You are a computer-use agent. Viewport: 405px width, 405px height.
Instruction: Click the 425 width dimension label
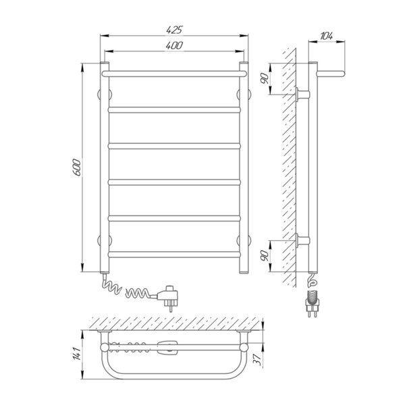(174, 30)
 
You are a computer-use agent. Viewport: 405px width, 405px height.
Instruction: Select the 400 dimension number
(174, 45)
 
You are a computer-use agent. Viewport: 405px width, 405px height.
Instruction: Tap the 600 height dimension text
(77, 167)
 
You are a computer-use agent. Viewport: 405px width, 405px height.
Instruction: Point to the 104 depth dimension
(327, 36)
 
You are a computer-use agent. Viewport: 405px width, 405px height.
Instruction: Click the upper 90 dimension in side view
(265, 78)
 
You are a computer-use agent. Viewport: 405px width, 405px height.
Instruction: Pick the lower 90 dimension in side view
(265, 255)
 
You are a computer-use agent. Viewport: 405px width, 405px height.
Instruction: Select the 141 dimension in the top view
(77, 353)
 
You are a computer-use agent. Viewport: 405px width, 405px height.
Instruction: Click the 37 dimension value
(256, 359)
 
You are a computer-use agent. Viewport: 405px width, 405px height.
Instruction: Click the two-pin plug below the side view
(313, 304)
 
